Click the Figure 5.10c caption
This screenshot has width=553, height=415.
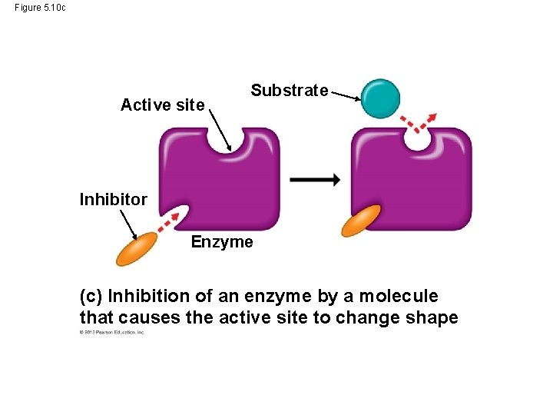pos(40,8)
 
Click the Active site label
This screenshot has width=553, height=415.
pos(163,105)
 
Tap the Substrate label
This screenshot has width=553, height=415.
pos(290,91)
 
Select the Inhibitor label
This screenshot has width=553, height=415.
pos(114,200)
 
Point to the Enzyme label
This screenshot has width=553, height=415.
pos(222,242)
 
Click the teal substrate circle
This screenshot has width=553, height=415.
pos(381,98)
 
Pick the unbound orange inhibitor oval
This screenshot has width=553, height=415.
pos(137,248)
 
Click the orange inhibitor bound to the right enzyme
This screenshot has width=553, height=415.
pos(362,220)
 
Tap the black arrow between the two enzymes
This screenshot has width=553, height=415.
pos(315,180)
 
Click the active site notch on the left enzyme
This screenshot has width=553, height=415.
pos(230,143)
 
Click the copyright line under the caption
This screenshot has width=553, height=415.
pos(112,333)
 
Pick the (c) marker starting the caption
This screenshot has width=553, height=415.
pos(91,296)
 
